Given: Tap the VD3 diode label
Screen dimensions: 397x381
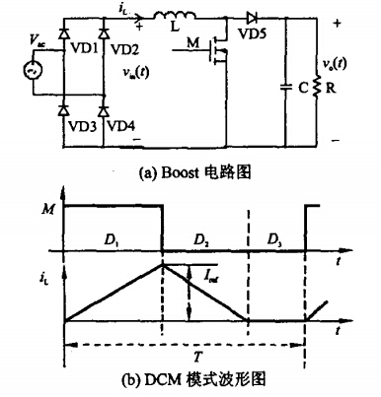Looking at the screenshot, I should pos(81,126).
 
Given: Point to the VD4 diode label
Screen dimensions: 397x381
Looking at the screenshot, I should pos(122,126).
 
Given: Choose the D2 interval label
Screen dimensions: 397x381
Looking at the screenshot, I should pos(202,239).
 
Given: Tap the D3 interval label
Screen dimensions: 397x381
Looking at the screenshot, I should pos(273,239).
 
